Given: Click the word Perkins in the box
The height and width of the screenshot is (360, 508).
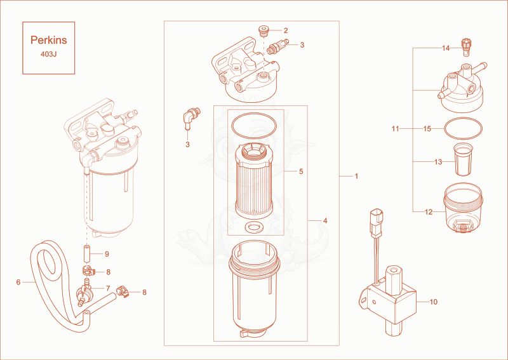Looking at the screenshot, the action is (x=49, y=40).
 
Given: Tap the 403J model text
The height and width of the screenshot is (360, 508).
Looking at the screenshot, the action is (x=49, y=54).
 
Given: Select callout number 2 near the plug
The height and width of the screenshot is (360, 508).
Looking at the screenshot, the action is (x=285, y=30).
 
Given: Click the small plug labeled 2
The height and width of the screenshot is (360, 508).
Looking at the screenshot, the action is (x=264, y=31).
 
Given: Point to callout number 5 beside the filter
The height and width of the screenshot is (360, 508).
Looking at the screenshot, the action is (x=301, y=171).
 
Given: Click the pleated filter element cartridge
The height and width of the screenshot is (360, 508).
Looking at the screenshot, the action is (x=254, y=182).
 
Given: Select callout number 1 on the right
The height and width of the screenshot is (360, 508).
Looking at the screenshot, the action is (x=356, y=176).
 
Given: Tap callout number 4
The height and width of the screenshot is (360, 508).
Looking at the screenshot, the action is (x=325, y=221).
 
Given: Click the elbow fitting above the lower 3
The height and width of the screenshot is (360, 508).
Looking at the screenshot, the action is (x=192, y=117).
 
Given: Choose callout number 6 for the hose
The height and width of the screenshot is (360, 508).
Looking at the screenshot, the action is (x=18, y=283).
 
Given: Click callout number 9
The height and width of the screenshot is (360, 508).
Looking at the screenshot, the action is (x=107, y=254).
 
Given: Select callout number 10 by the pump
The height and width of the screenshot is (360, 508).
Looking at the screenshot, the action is (x=434, y=302).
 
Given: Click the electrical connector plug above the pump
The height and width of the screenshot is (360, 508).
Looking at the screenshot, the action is (x=376, y=223).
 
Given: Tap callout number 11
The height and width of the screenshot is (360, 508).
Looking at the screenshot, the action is (x=395, y=129).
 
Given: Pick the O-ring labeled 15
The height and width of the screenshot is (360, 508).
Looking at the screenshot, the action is (x=463, y=129).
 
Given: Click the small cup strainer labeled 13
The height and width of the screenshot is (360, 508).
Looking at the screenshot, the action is (x=464, y=160).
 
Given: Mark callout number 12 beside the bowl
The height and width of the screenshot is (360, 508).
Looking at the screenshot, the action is (x=428, y=212).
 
